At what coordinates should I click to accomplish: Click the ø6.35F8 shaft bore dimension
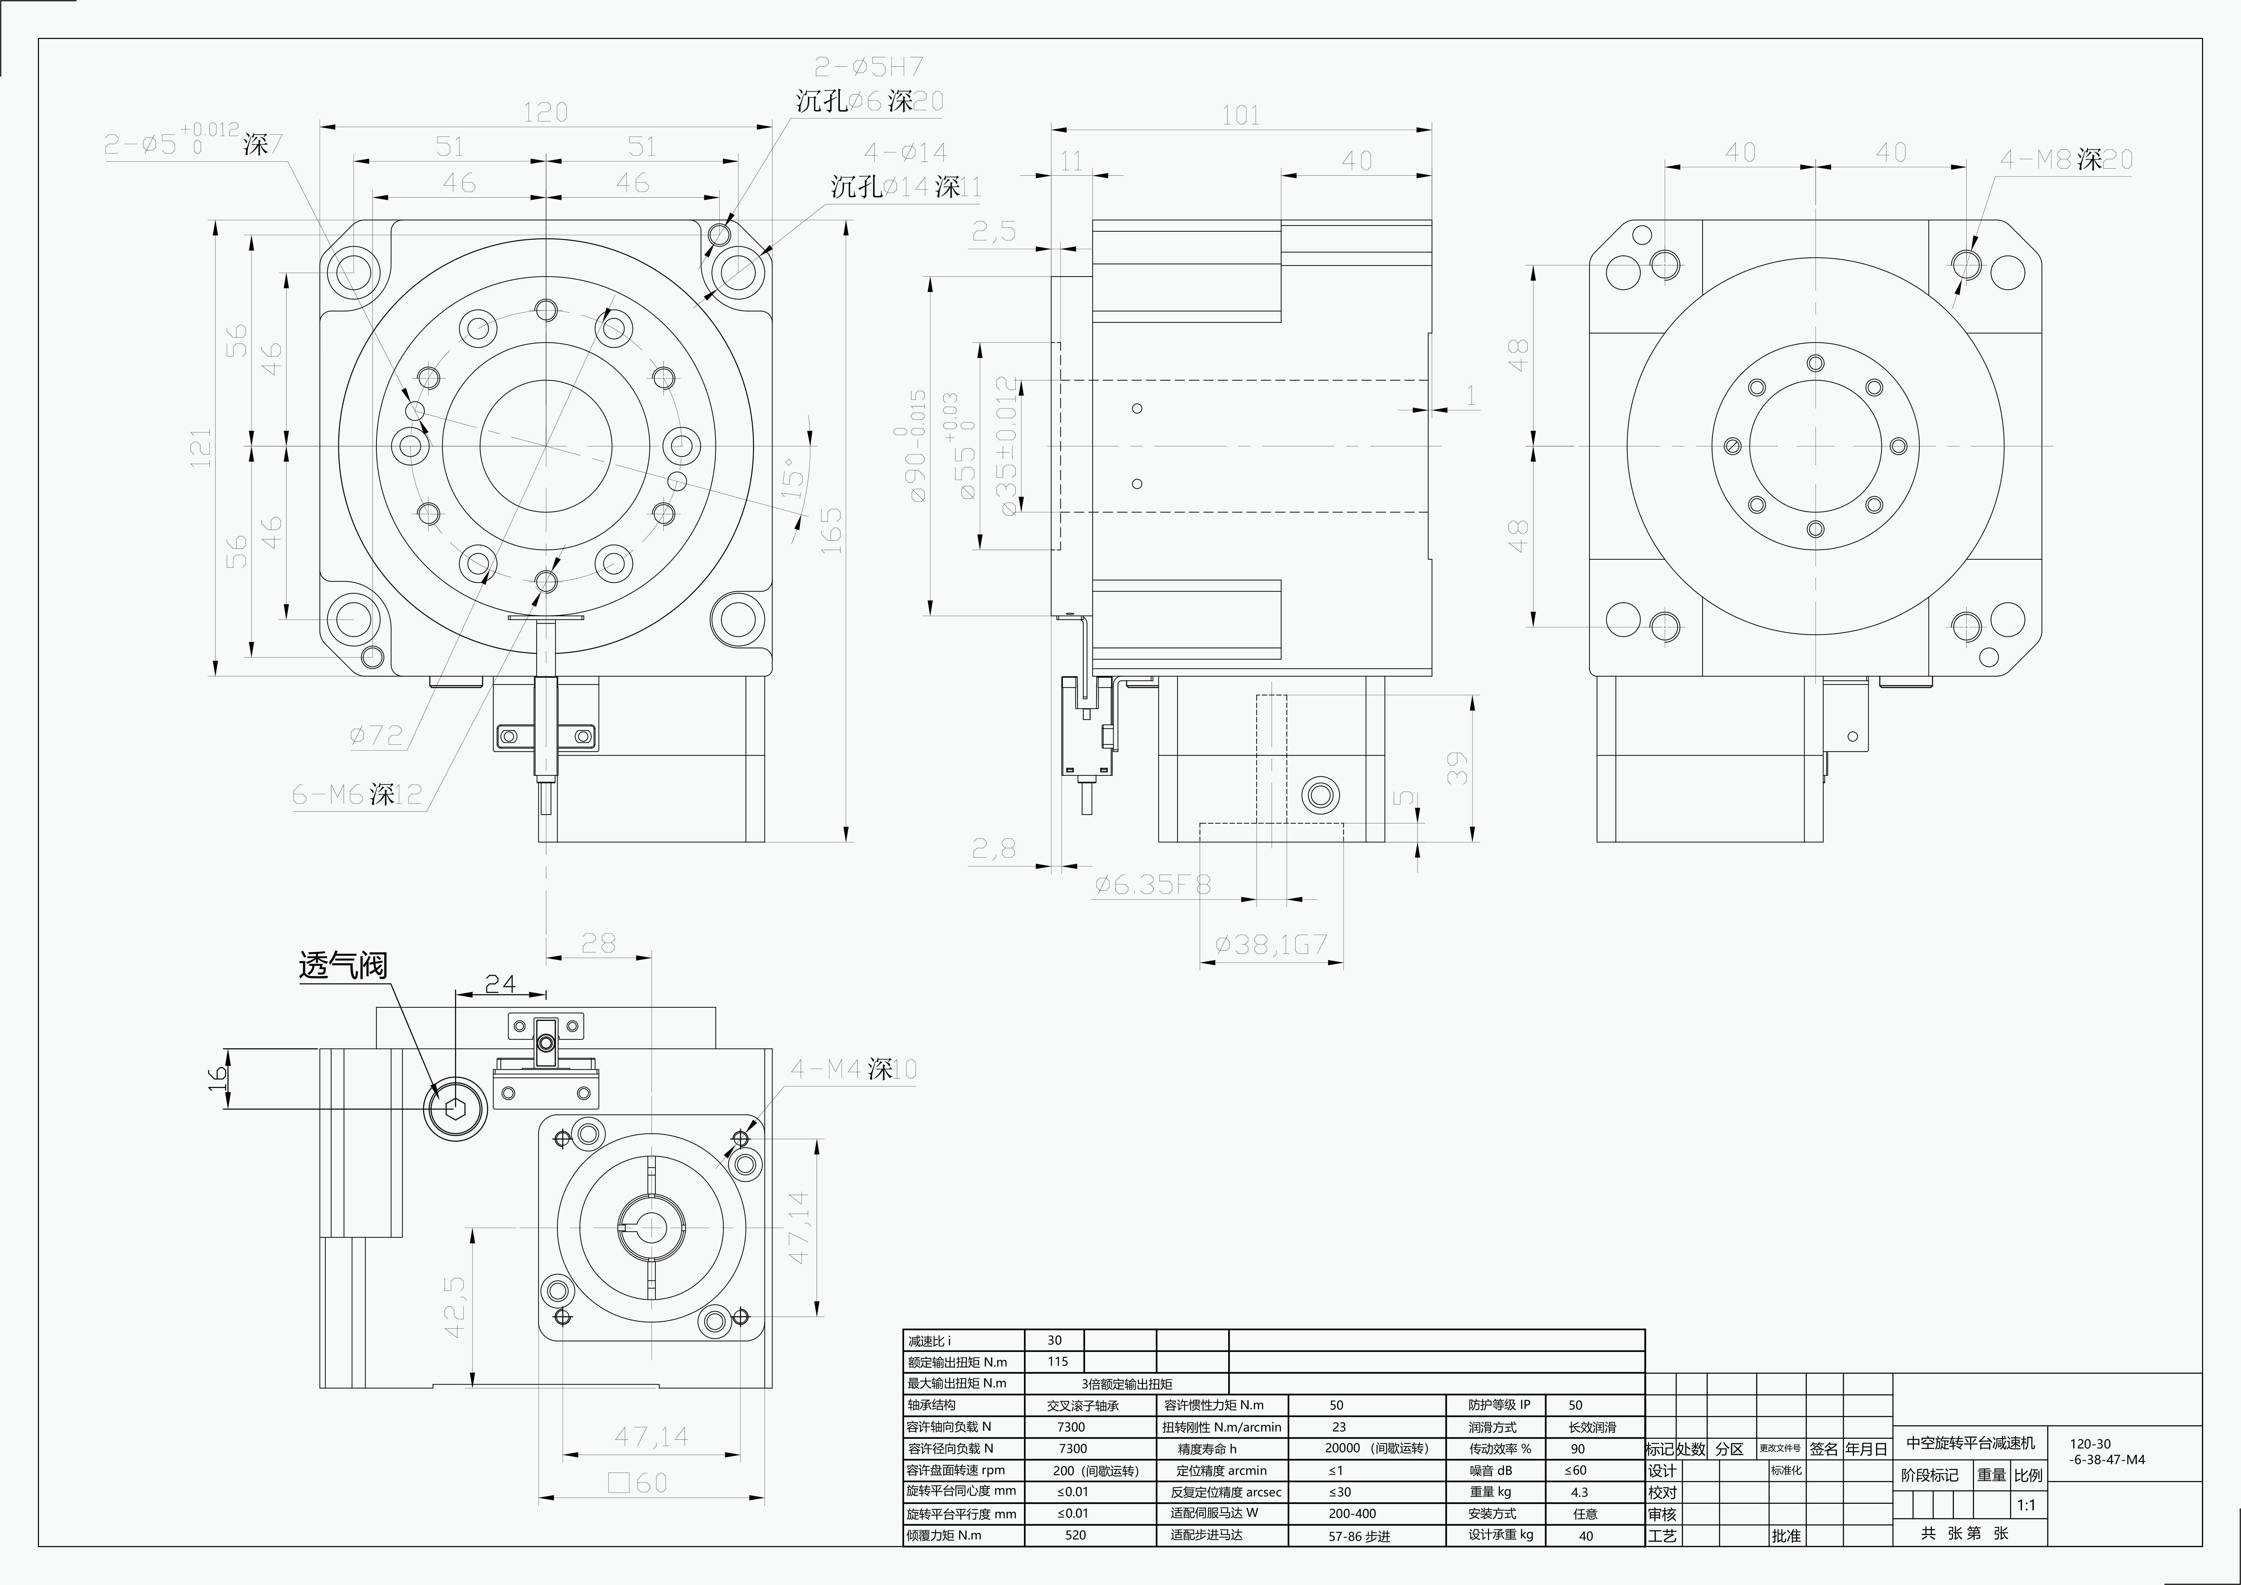pyautogui.click(x=1153, y=884)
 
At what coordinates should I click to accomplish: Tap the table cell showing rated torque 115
pyautogui.click(x=1057, y=1362)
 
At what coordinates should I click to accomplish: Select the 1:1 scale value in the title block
pyautogui.click(x=2026, y=1505)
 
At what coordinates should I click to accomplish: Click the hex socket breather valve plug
pyautogui.click(x=455, y=1108)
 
